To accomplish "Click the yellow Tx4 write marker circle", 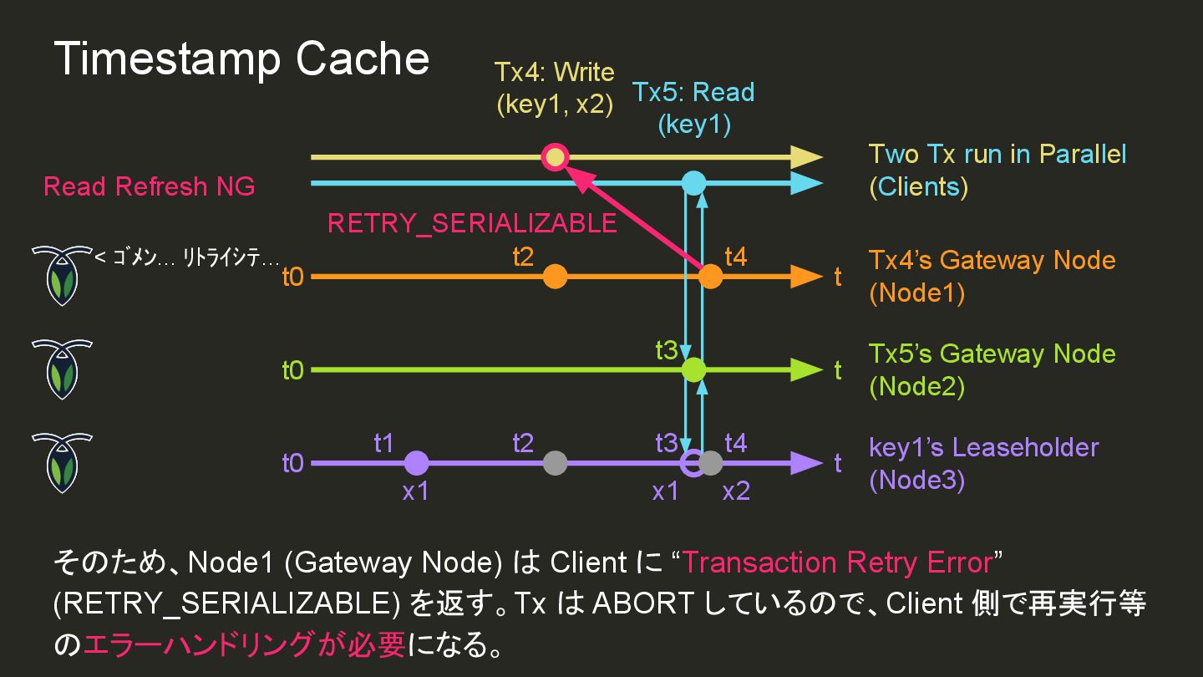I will click(555, 156).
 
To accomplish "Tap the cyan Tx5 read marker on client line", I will click(693, 182).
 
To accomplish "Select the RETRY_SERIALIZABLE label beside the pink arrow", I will click(472, 223).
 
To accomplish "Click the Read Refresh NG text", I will click(150, 186).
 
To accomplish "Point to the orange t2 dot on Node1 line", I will click(555, 276).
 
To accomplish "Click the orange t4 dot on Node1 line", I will click(709, 276).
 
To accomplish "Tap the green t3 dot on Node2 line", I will click(693, 369).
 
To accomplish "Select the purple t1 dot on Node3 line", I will click(416, 462).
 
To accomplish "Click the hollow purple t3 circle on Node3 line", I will click(691, 462).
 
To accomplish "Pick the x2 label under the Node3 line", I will click(736, 491).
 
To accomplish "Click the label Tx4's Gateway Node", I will click(992, 260).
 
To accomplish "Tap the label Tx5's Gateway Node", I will click(992, 354).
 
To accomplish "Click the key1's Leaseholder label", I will click(983, 447).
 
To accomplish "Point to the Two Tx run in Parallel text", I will click(997, 155).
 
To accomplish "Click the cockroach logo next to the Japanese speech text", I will click(62, 275).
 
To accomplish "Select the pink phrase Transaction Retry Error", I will click(836, 562).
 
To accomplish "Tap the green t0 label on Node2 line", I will click(292, 369).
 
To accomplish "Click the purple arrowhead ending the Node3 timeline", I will click(806, 462).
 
